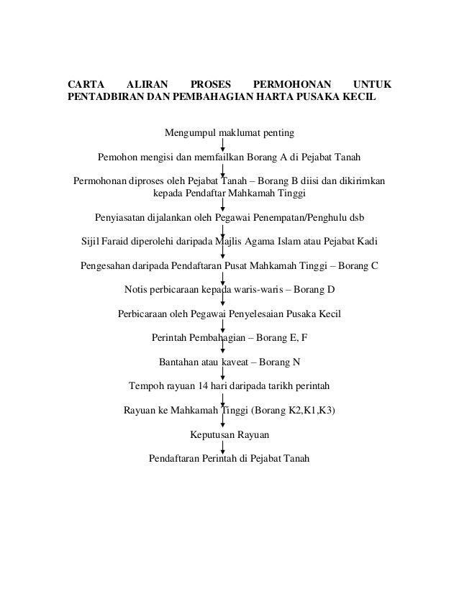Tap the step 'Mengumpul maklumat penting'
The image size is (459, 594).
(x=229, y=133)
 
